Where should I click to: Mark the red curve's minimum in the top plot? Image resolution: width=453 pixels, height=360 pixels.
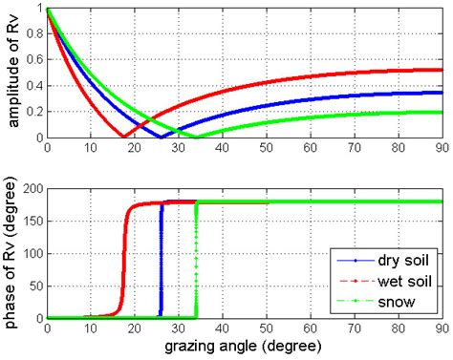tap(121, 137)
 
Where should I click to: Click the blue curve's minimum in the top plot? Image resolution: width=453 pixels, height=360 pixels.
tap(161, 137)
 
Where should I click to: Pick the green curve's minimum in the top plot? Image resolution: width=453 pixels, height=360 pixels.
tap(197, 137)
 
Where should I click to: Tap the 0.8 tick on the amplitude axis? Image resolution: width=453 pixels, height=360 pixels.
tap(35, 33)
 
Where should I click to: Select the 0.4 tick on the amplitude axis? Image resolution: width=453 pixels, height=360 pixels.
tap(35, 85)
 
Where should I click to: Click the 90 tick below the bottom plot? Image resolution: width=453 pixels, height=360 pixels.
tap(442, 328)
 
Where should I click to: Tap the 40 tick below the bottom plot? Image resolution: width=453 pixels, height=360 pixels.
tap(224, 328)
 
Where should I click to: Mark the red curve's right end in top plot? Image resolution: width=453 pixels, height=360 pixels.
tap(442, 70)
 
